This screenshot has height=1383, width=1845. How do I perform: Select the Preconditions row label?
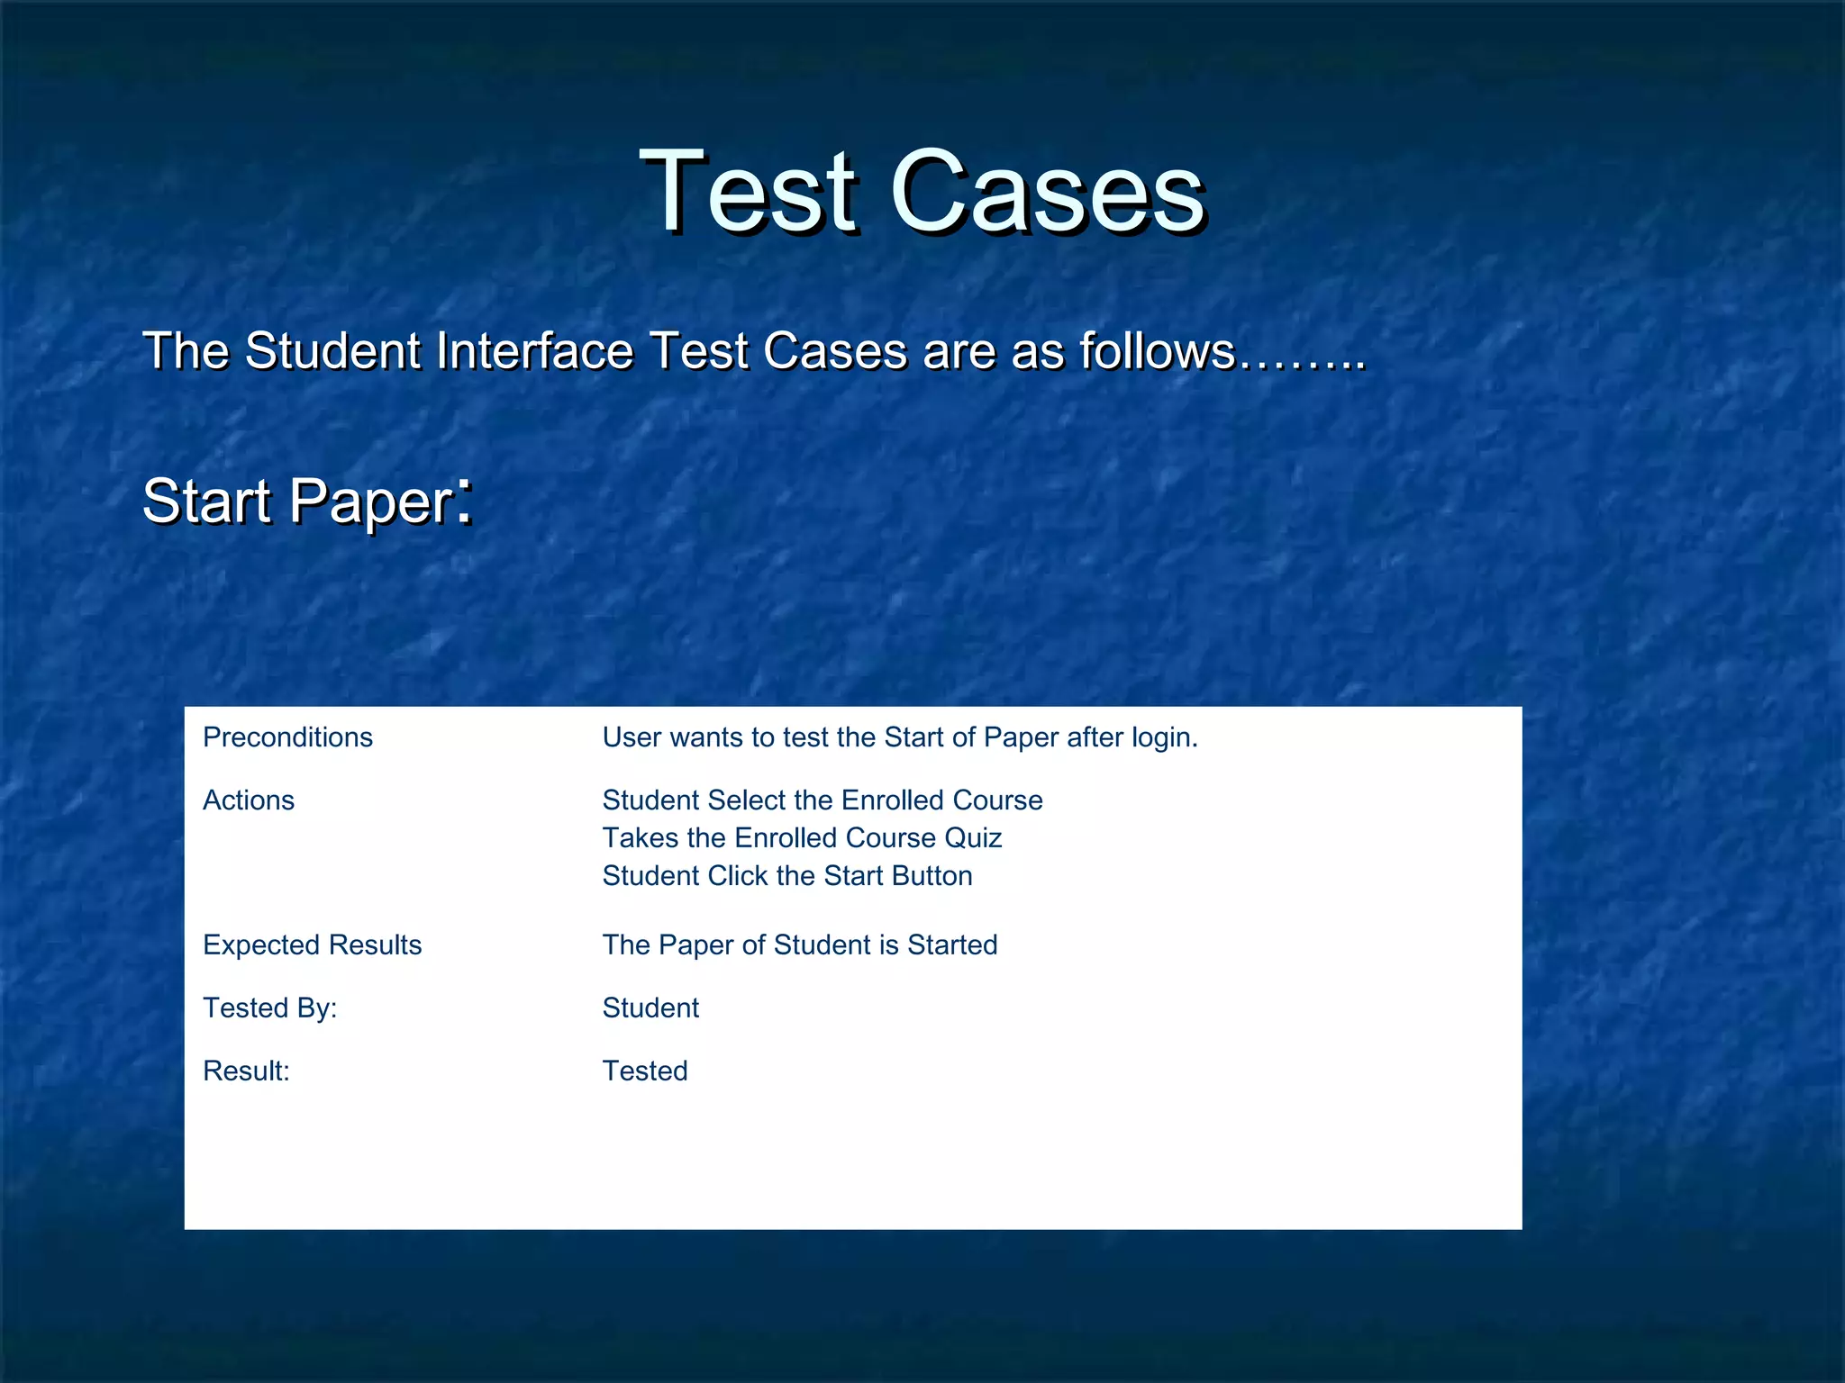pos(287,737)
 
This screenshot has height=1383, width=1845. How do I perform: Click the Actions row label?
pos(249,800)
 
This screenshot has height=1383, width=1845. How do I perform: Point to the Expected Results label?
pos(312,945)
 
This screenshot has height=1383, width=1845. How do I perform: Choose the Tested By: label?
pos(269,1008)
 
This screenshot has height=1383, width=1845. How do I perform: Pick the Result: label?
pos(246,1071)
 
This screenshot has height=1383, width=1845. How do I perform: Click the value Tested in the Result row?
pos(644,1071)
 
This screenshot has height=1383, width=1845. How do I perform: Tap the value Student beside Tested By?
pos(650,1008)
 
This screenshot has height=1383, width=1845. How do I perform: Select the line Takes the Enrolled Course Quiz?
pos(802,838)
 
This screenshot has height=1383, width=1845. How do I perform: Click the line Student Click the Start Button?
pos(787,876)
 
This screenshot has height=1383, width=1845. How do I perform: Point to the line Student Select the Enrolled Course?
pos(823,800)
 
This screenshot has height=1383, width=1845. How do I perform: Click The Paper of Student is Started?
pos(800,945)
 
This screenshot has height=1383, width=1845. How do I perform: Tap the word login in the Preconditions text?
pos(1162,737)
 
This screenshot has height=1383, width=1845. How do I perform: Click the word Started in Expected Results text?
pos(952,945)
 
